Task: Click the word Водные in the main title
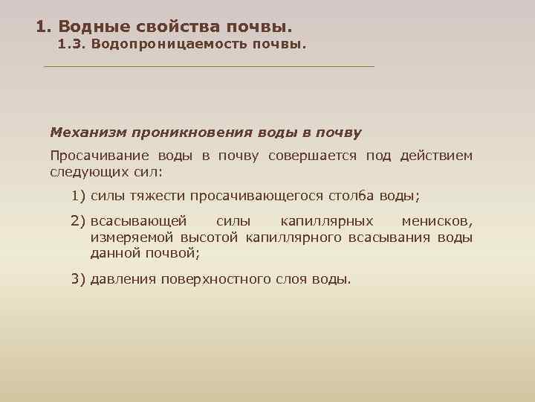click(91, 27)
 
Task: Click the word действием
click(435, 156)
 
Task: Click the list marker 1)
click(79, 197)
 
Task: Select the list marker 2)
click(79, 222)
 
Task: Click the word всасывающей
click(139, 222)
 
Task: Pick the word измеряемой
click(129, 237)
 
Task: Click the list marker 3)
click(79, 279)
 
